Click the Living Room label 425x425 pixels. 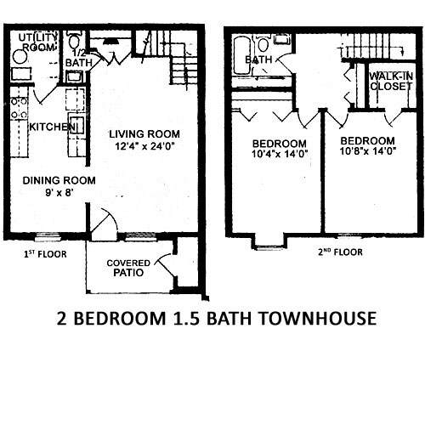click(144, 133)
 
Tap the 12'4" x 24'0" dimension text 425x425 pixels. click(144, 145)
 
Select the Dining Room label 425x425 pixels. click(59, 180)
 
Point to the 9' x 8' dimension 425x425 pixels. click(59, 193)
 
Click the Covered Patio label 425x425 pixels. click(130, 268)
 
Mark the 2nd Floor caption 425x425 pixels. click(337, 252)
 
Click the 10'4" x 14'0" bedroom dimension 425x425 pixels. click(280, 154)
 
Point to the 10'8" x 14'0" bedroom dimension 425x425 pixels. click(367, 153)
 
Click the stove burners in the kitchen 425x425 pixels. click(18, 109)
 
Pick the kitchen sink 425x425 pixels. click(74, 125)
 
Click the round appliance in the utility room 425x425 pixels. click(20, 56)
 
